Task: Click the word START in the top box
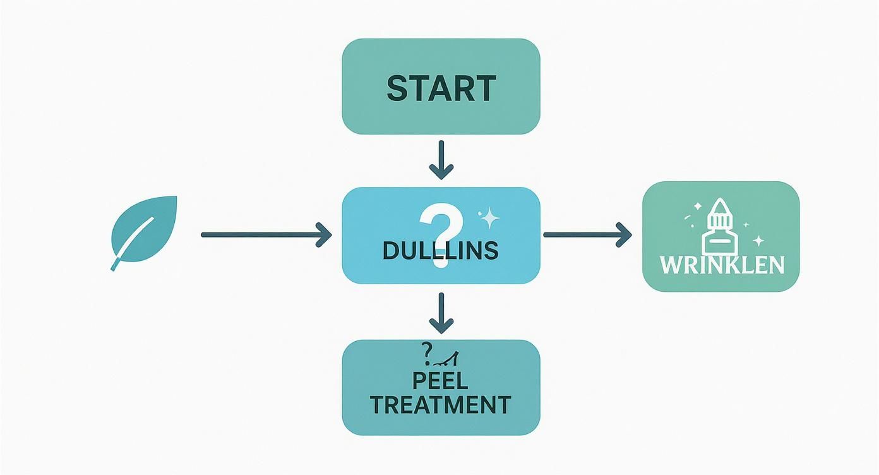click(441, 88)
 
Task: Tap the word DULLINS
click(440, 251)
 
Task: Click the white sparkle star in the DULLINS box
click(489, 219)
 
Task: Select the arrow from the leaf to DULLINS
click(265, 235)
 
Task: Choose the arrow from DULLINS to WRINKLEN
click(587, 235)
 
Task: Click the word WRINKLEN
click(722, 265)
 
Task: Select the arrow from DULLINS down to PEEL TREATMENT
click(441, 313)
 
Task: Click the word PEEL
click(440, 381)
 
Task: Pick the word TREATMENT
click(440, 404)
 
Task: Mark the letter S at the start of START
click(398, 88)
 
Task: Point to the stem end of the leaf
click(114, 267)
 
